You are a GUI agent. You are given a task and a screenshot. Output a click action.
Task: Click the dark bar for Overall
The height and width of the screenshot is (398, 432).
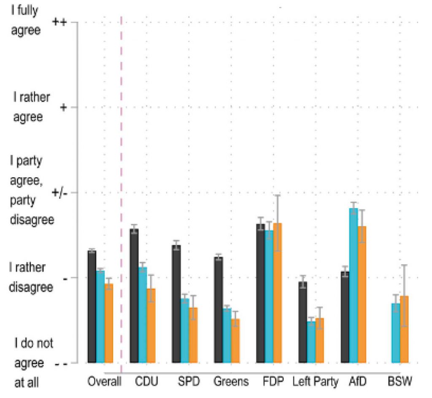pos(92,307)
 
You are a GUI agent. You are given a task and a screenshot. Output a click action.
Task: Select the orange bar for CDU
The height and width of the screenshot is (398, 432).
pos(151,325)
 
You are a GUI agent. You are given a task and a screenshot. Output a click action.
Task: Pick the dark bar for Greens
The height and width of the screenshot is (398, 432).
pos(219,310)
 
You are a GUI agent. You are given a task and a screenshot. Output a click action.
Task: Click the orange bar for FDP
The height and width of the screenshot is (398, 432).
pos(277,293)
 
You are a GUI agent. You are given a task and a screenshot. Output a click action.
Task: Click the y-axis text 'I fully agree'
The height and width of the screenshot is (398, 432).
pos(26,20)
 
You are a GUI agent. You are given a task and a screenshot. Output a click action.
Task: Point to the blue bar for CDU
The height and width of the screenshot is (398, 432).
pos(143,315)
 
